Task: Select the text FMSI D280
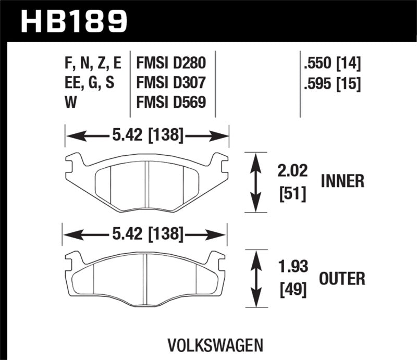coord(170,64)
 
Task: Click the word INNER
coord(342,181)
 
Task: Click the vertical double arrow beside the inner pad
coord(255,182)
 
